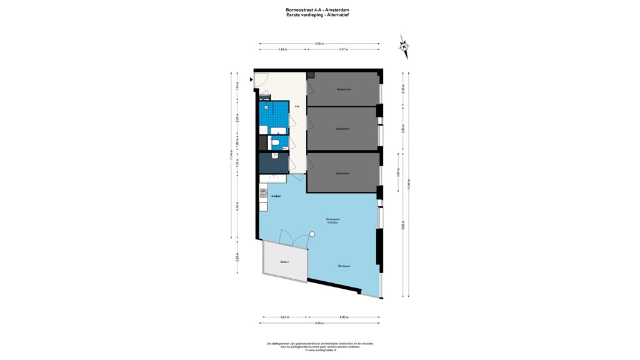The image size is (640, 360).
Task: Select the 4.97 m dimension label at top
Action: pyautogui.click(x=343, y=49)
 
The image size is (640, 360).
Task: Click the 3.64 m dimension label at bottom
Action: pyautogui.click(x=285, y=317)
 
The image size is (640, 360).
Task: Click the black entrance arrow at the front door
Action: pyautogui.click(x=251, y=79)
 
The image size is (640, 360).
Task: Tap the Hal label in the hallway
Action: pyautogui.click(x=297, y=107)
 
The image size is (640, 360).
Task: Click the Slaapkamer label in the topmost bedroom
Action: pyautogui.click(x=343, y=89)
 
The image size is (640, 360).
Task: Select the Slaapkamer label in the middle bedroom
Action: pyautogui.click(x=342, y=129)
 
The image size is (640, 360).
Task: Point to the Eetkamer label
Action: pyautogui.click(x=344, y=266)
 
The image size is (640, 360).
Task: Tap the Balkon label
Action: pyautogui.click(x=284, y=262)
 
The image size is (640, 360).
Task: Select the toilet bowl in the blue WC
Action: pyautogui.click(x=275, y=144)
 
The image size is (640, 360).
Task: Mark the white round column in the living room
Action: pyautogui.click(x=312, y=234)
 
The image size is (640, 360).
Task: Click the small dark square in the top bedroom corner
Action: pyautogui.click(x=311, y=74)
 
